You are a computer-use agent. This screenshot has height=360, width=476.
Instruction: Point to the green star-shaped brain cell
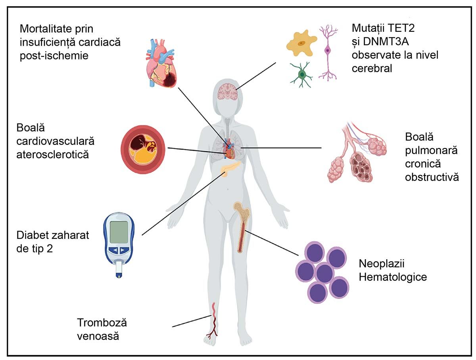(x=302, y=73)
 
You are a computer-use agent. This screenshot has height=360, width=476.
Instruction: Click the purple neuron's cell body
(x=328, y=50)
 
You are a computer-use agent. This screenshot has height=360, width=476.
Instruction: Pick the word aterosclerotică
(x=52, y=154)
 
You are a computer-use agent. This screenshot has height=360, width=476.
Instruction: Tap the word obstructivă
(x=432, y=177)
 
